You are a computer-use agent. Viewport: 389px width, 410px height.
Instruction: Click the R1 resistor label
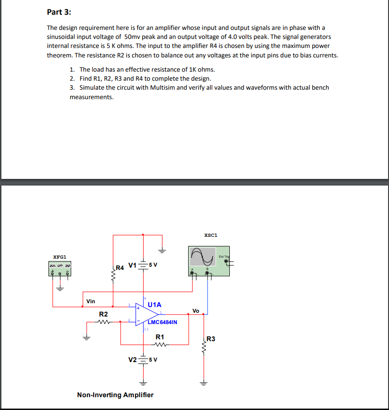point(160,337)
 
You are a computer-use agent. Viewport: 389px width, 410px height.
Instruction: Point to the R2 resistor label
point(103,314)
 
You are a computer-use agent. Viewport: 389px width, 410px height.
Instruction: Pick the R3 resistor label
point(211,339)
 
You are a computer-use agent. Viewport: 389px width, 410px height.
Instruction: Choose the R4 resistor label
point(120,268)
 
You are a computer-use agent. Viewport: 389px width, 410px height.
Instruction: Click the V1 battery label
point(132,264)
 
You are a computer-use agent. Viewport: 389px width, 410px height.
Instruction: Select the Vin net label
point(90,301)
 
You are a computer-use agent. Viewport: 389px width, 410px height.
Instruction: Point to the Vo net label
point(196,310)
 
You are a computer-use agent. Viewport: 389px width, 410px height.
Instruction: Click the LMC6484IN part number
point(163,322)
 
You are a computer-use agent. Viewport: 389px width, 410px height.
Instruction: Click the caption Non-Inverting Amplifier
point(115,395)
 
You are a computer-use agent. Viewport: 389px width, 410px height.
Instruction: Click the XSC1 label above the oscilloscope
point(210,235)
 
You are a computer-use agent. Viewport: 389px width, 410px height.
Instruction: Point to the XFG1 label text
point(60,257)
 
